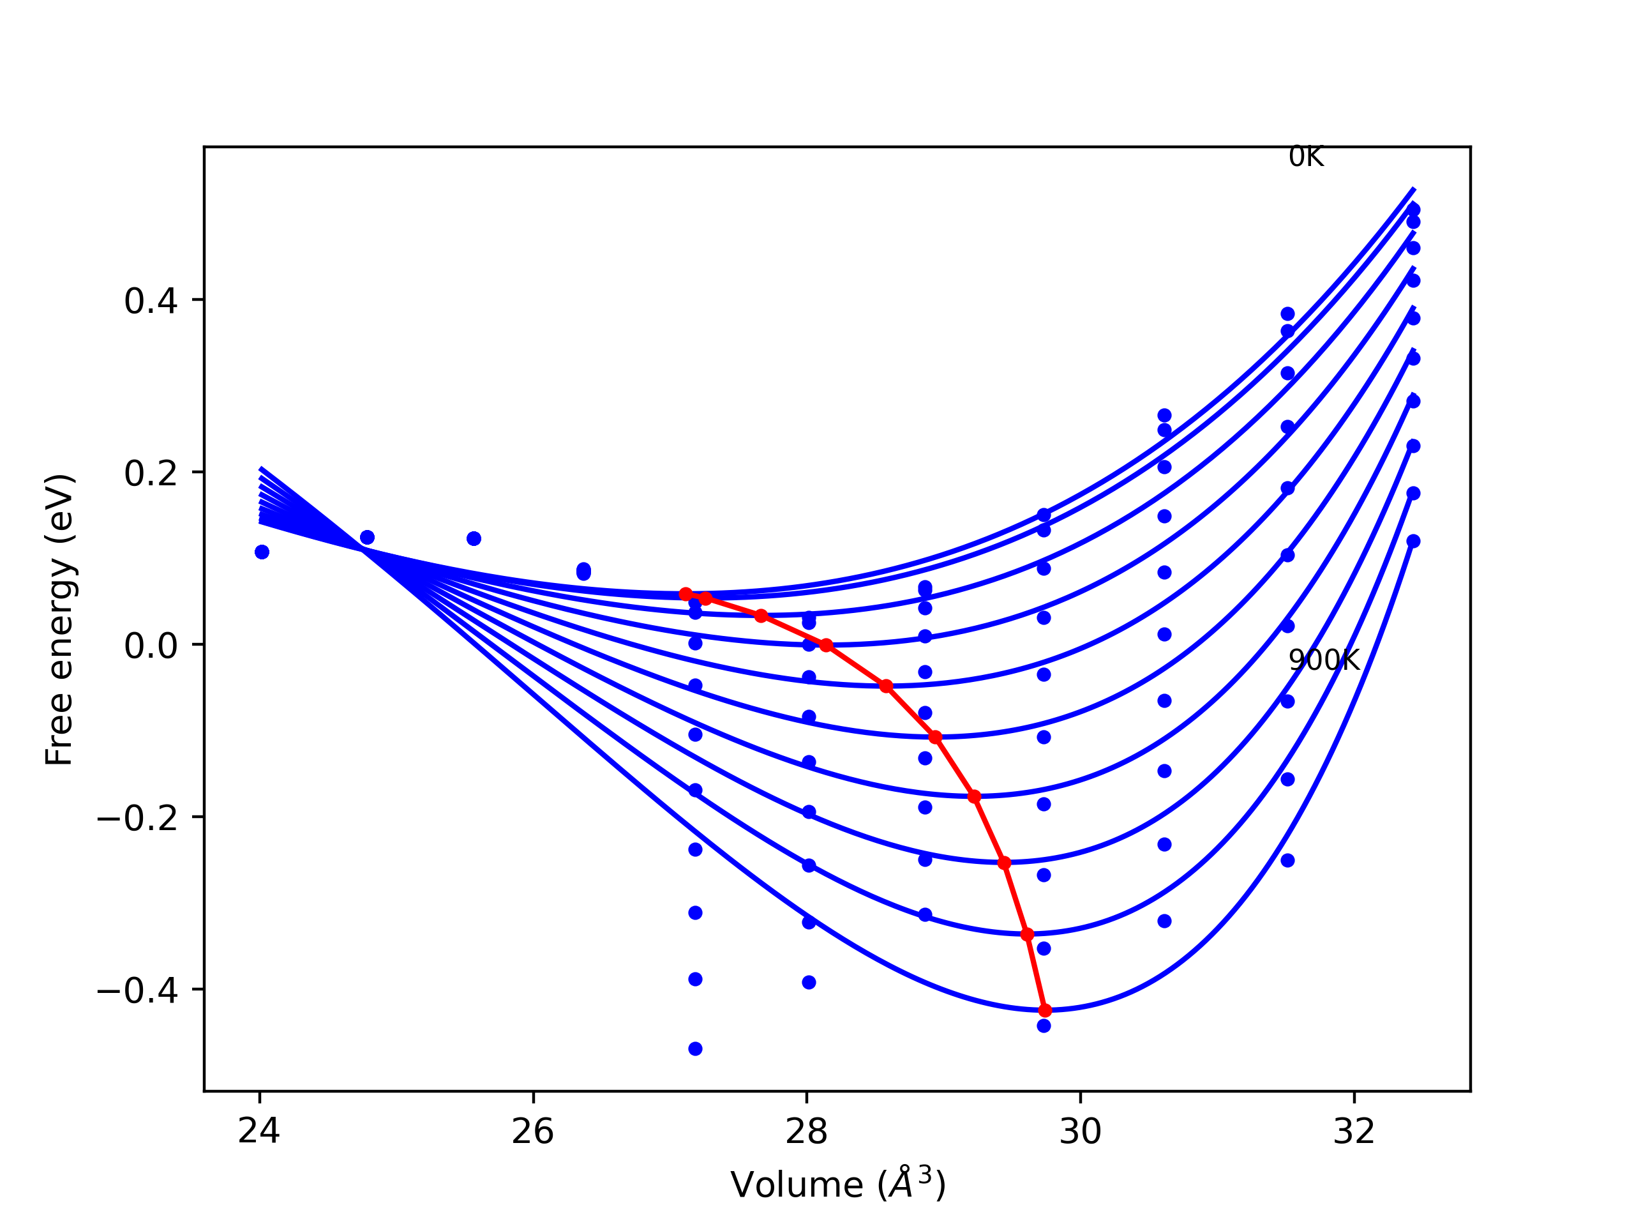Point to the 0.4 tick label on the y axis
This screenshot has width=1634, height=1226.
[x=151, y=301]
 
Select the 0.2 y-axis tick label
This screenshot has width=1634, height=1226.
[x=151, y=474]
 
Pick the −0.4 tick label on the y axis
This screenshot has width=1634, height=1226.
[x=137, y=991]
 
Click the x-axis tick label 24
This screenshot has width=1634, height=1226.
[x=259, y=1131]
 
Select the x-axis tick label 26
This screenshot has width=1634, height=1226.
[x=532, y=1131]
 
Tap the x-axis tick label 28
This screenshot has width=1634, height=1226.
[x=807, y=1131]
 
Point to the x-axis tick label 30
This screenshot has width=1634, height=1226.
[x=1080, y=1131]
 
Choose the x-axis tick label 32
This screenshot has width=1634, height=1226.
[x=1354, y=1131]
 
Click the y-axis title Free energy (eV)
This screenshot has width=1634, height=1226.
[x=59, y=619]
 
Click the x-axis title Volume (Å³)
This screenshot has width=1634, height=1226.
[x=837, y=1185]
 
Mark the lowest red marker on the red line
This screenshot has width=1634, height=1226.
[x=1044, y=1010]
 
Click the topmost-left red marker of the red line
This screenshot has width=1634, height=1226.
[x=686, y=594]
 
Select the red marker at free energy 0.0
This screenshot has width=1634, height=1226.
[x=826, y=645]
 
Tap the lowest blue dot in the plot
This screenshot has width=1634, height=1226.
[x=695, y=1048]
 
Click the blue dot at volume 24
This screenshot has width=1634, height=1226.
[x=262, y=552]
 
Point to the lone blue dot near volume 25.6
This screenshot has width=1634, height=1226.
[x=474, y=539]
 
